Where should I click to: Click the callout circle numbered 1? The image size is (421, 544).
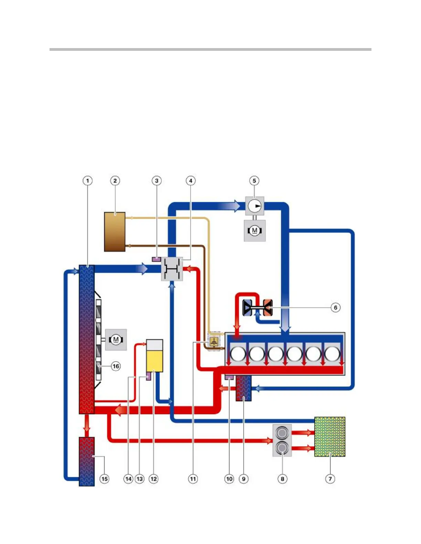click(x=88, y=181)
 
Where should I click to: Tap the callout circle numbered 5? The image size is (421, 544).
click(x=254, y=181)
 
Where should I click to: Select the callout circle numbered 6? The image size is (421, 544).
click(x=336, y=307)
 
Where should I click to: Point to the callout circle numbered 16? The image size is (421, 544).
click(x=116, y=366)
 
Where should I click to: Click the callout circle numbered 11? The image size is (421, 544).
click(x=193, y=479)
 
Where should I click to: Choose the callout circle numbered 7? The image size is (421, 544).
click(x=330, y=479)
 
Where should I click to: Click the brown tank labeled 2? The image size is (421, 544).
click(x=115, y=232)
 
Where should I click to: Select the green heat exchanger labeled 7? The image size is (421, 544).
click(x=330, y=437)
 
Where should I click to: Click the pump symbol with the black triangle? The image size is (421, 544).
click(x=255, y=206)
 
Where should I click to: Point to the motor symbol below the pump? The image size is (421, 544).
click(x=255, y=230)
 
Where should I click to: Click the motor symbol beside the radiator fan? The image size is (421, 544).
click(x=116, y=340)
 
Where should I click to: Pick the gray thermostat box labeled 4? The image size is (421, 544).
click(x=172, y=269)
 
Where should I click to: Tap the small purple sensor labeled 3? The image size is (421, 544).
click(x=156, y=259)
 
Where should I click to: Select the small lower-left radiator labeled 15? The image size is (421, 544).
click(x=87, y=461)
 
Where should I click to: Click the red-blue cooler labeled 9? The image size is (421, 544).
click(x=244, y=388)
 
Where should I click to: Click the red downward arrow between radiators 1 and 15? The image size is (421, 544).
click(x=87, y=426)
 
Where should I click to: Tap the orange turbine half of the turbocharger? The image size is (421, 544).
click(x=268, y=307)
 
